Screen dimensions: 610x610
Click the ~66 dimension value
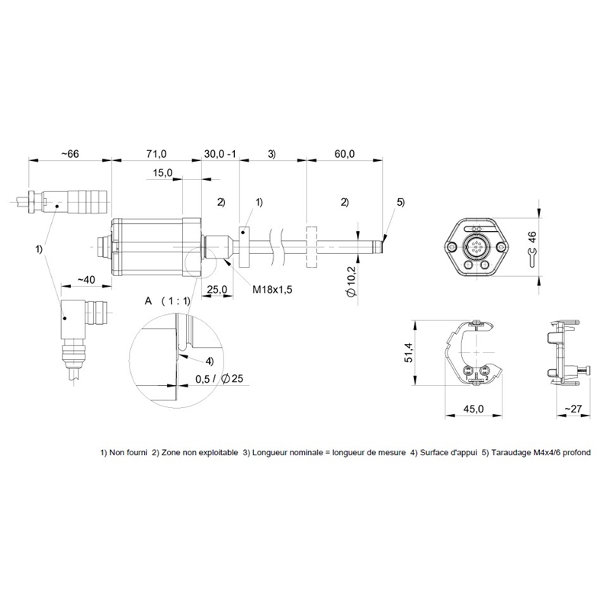click(x=70, y=154)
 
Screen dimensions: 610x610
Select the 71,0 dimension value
click(x=156, y=154)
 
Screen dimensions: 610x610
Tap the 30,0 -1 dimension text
click(x=220, y=154)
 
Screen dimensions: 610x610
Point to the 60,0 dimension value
click(x=345, y=154)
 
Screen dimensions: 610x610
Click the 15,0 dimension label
click(x=162, y=173)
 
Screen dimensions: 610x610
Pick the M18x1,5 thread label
click(x=272, y=290)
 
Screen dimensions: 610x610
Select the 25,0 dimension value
click(x=217, y=290)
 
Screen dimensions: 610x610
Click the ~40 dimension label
click(x=86, y=280)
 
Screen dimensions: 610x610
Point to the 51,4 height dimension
click(x=409, y=353)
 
